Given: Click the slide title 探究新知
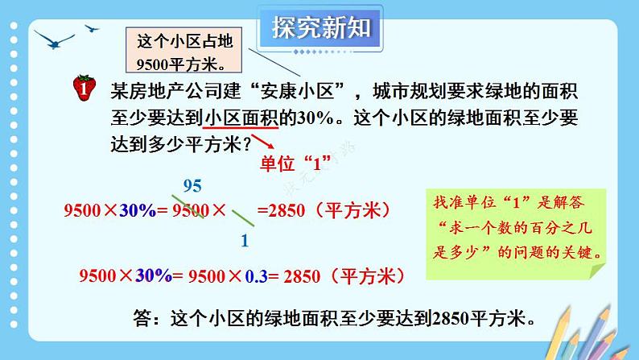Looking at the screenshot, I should pyautogui.click(x=321, y=29).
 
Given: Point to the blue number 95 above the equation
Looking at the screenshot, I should pyautogui.click(x=192, y=186).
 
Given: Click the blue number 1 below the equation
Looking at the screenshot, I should pyautogui.click(x=245, y=240).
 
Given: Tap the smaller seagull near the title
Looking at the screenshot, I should pyautogui.click(x=93, y=29).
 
